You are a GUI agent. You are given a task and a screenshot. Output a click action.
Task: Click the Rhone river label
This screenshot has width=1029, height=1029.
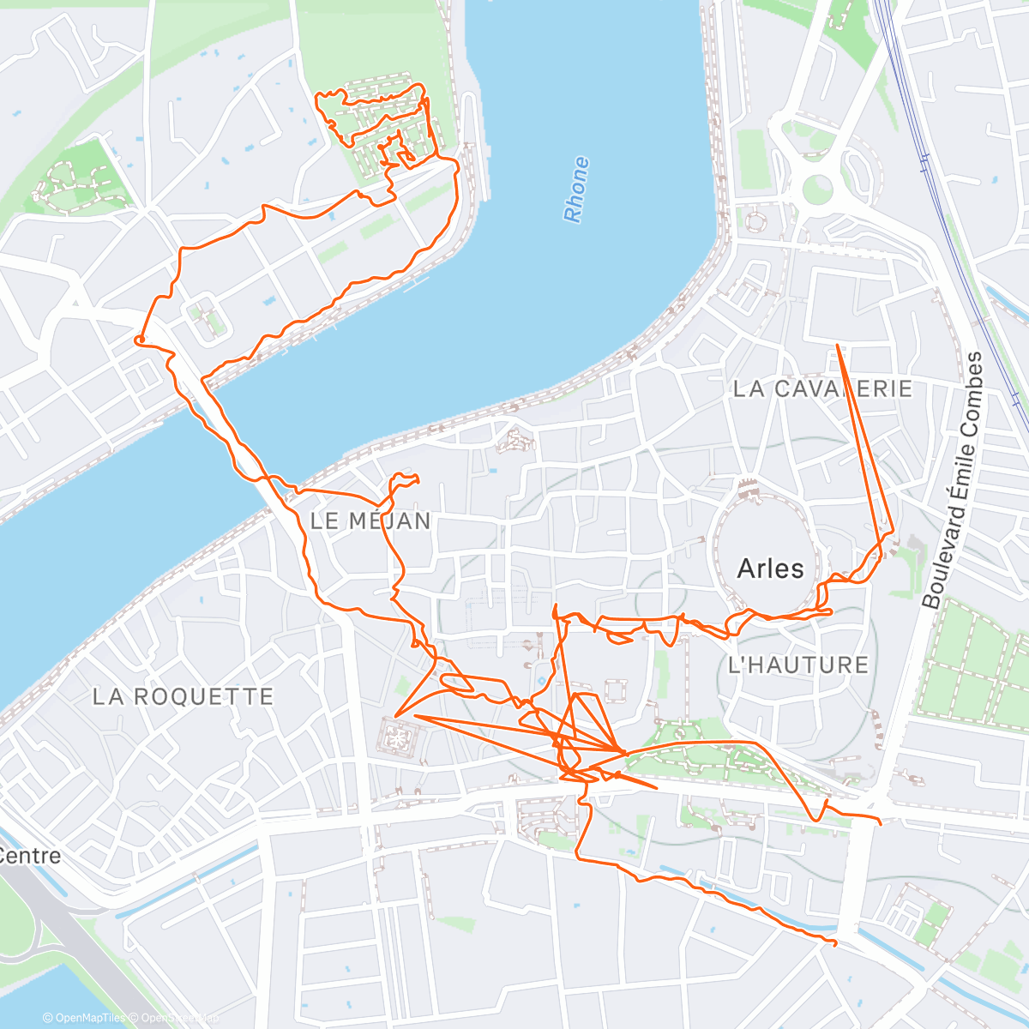click(x=576, y=190)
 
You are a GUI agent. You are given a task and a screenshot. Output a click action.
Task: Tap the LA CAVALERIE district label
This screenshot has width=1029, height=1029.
click(x=822, y=388)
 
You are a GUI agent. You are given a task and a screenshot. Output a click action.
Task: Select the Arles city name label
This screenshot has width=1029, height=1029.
click(x=770, y=568)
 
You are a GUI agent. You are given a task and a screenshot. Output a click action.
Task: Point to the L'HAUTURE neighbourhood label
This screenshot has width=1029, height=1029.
click(x=797, y=665)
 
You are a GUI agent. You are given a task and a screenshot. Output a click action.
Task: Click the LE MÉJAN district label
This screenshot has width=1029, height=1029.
click(x=370, y=521)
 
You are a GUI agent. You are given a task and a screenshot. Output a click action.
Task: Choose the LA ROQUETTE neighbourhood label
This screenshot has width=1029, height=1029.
click(x=183, y=696)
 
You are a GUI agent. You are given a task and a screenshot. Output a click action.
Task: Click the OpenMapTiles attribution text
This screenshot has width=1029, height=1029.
click(x=84, y=1018)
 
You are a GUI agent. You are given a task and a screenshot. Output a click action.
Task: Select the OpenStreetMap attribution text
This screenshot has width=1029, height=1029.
click(x=175, y=1018)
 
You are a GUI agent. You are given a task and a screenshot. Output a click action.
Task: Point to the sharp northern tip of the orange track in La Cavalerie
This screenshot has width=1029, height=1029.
click(x=838, y=345)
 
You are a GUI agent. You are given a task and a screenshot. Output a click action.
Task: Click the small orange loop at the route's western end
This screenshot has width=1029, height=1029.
click(x=138, y=341)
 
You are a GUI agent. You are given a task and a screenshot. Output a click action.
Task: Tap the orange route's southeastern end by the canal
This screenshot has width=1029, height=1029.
click(x=833, y=943)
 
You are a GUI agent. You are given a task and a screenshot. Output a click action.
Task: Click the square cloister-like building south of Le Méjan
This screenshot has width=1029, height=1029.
click(x=397, y=735)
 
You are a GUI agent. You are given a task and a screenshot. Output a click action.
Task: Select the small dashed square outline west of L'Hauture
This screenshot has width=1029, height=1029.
click(x=614, y=691)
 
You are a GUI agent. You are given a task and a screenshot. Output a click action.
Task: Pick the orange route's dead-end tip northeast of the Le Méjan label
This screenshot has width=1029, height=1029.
click(x=417, y=479)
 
